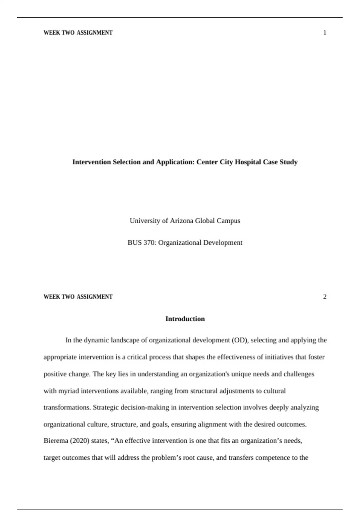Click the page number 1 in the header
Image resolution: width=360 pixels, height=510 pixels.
coord(325,33)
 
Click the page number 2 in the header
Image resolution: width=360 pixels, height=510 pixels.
coord(325,297)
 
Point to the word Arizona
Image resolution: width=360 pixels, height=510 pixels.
coord(181,221)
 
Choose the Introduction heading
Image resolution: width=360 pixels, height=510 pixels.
coord(185,319)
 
